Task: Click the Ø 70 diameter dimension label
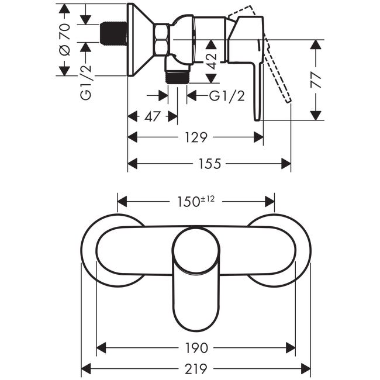coord(65,40)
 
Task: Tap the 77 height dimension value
coord(316,80)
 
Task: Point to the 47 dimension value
coord(153,116)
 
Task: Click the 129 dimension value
coord(196,137)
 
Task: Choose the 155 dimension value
coord(210,164)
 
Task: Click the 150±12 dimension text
coord(196,201)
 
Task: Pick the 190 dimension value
coord(196,348)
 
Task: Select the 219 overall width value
coord(196,369)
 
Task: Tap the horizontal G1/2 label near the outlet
coord(227,96)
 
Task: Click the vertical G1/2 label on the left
coord(86,82)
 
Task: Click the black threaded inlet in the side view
coord(113,33)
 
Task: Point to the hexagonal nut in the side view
coord(161,39)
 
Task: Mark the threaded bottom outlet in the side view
coord(177,77)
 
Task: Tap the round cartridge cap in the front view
coord(196,251)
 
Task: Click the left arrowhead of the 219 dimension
coord(85,369)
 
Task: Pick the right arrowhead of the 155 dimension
coord(286,164)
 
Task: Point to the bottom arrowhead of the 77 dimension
coord(316,115)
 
